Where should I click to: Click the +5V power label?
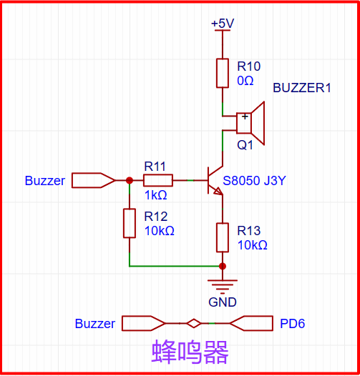223,24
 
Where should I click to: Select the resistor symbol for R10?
223,73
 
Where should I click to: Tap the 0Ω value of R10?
245,81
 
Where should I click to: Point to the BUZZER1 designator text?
302,89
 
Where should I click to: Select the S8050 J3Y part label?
254,181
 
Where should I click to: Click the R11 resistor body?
158,181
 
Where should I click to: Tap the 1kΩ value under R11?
155,194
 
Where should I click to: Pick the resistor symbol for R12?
129,223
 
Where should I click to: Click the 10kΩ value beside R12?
159,231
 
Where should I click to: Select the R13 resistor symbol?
223,237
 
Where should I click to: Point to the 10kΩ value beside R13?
252,245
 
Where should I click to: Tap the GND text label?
223,302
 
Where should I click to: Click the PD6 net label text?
292,324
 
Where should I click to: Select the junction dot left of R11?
129,181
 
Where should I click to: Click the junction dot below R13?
223,266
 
